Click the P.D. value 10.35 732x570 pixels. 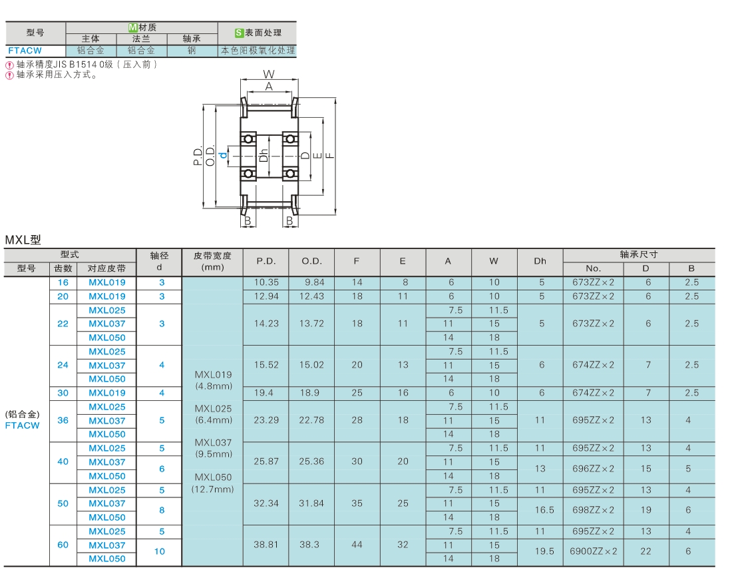coord(266,282)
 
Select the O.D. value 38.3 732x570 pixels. coord(309,544)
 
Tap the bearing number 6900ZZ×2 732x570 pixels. coord(594,551)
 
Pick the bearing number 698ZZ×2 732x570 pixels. coord(594,509)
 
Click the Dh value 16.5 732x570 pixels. coord(544,509)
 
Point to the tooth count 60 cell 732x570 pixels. coord(63,545)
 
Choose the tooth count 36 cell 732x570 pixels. coord(63,420)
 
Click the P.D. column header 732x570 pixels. coord(266,261)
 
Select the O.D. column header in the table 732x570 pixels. coord(312,261)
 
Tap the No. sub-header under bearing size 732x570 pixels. coord(593,268)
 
